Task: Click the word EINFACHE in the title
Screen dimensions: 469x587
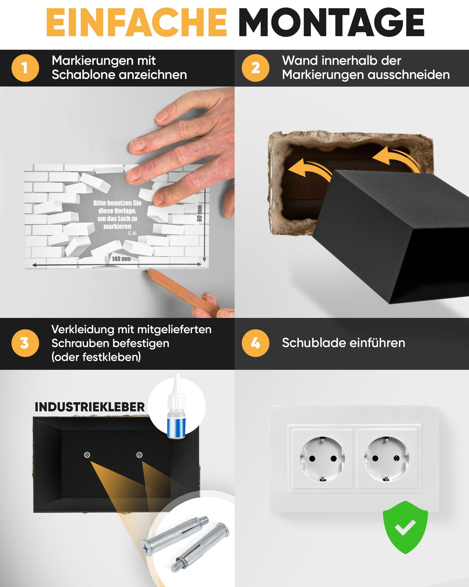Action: [137, 22]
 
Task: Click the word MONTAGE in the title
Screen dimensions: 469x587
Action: [331, 22]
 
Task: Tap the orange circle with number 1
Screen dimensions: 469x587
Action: [25, 68]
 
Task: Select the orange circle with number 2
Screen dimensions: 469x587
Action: [255, 68]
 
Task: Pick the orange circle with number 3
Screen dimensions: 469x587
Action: [25, 343]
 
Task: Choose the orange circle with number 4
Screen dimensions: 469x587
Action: [255, 343]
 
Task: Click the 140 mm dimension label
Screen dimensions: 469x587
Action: [121, 259]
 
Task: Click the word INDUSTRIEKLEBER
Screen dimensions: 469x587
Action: [89, 407]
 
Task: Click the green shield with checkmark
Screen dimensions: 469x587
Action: [405, 527]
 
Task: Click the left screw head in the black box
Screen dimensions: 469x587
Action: [87, 455]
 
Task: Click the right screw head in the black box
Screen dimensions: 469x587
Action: [139, 455]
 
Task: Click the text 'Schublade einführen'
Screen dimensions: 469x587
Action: [343, 343]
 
